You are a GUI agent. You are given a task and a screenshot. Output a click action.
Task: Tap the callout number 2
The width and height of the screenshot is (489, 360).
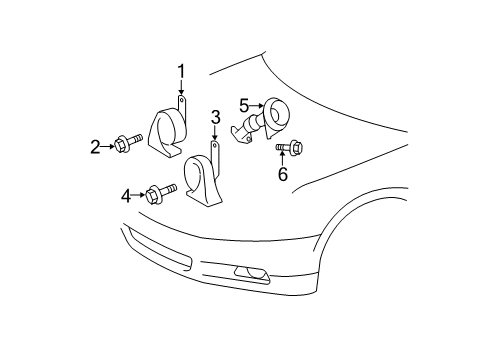point(96,147)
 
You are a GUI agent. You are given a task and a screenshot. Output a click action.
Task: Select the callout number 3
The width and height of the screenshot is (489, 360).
point(215,119)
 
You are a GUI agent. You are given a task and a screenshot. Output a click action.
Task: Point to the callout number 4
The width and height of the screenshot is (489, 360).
point(127,194)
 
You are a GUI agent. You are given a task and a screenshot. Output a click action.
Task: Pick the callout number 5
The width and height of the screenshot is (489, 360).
point(244,103)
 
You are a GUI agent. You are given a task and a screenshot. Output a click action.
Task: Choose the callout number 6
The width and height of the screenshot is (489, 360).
point(282,175)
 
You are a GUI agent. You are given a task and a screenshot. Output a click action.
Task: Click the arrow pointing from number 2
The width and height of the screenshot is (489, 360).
point(108,147)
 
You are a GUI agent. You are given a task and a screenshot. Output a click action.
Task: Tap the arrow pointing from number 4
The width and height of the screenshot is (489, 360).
point(139,194)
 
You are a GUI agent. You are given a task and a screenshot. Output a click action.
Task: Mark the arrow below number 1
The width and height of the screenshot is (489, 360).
point(181,87)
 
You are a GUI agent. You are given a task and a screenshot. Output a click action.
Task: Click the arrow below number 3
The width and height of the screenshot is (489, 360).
point(215,137)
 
